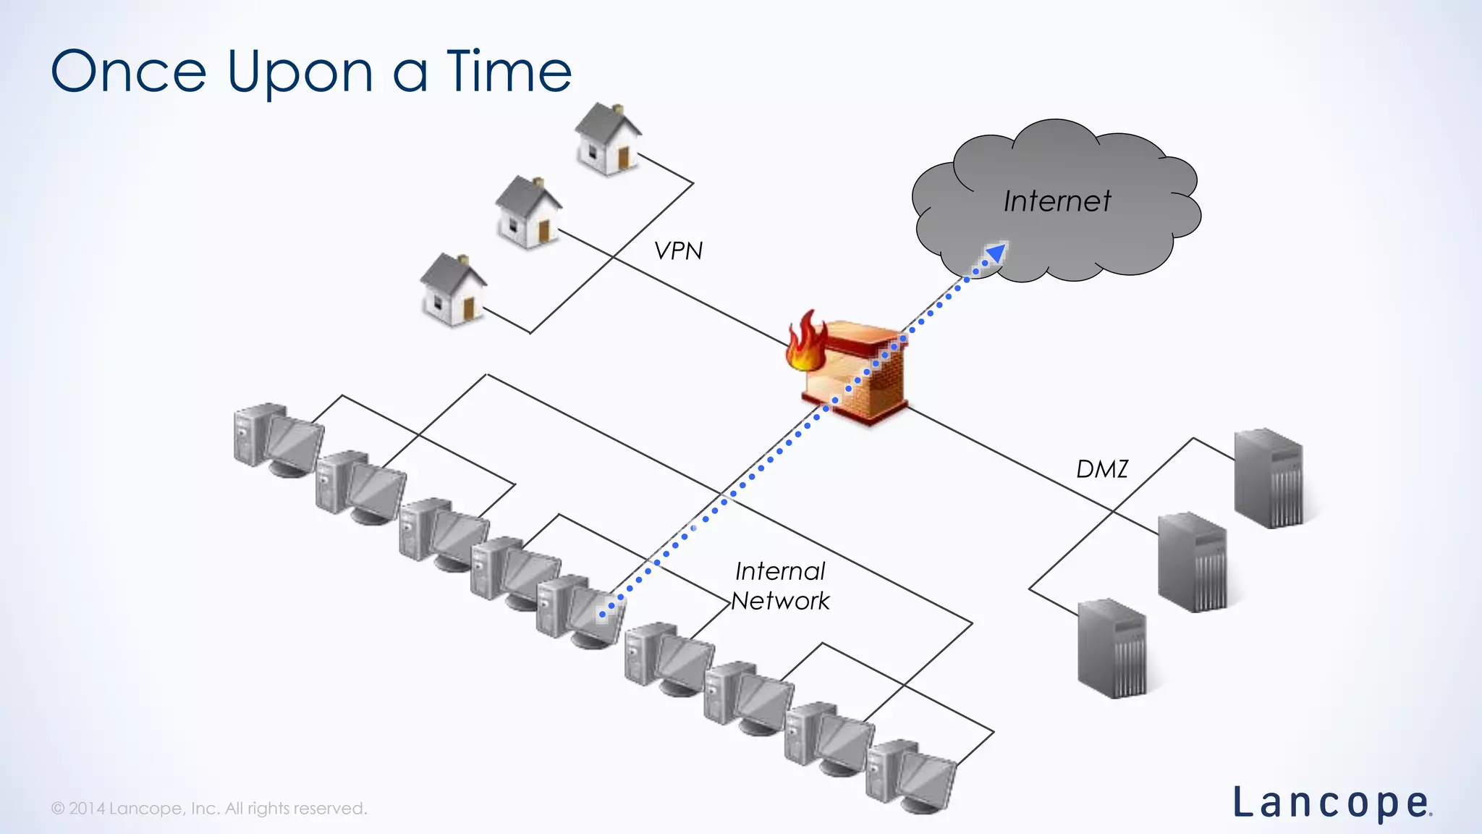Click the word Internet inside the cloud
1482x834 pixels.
[1057, 201]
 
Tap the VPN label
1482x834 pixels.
[678, 250]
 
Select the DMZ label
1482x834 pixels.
[1101, 469]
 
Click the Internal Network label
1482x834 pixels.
[780, 586]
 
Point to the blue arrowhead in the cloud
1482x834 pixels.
[996, 253]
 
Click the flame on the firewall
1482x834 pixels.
[805, 343]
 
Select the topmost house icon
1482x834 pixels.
[608, 139]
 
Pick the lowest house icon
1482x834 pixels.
[453, 290]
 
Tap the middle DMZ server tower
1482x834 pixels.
[1192, 563]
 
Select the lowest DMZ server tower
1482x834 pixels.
[1112, 648]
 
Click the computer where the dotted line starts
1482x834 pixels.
[579, 610]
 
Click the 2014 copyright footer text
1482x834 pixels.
[209, 808]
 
